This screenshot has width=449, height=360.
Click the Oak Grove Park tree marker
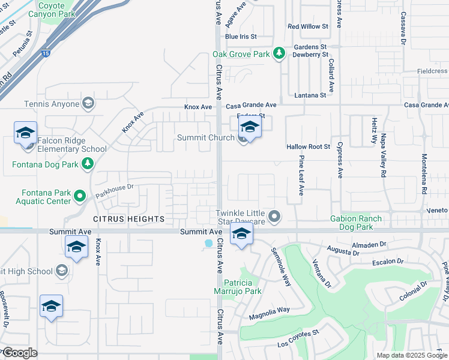tap(279, 54)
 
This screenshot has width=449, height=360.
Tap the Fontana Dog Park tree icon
tap(88, 163)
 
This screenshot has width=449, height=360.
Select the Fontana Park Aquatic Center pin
tap(80, 196)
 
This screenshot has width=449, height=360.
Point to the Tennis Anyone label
tap(52, 104)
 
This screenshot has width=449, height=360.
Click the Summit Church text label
tap(206, 138)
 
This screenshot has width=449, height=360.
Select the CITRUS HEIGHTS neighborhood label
tap(128, 220)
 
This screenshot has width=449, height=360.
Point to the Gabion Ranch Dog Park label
tap(356, 223)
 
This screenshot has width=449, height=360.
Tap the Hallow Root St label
tap(309, 146)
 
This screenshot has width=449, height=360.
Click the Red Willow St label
tap(308, 26)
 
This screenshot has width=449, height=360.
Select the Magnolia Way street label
tap(269, 310)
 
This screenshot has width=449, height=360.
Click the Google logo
tap(20, 353)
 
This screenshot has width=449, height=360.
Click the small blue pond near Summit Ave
tap(208, 244)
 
